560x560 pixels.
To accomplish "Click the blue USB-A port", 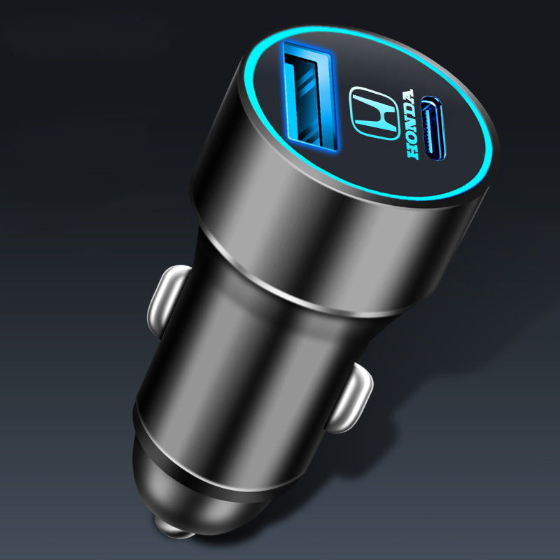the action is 309,96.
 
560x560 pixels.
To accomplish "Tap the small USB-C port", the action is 433,128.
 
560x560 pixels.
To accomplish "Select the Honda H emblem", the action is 374,113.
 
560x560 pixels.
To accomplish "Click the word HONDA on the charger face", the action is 411,124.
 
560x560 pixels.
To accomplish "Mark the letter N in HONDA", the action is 411,124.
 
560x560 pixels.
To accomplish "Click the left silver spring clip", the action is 167,300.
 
